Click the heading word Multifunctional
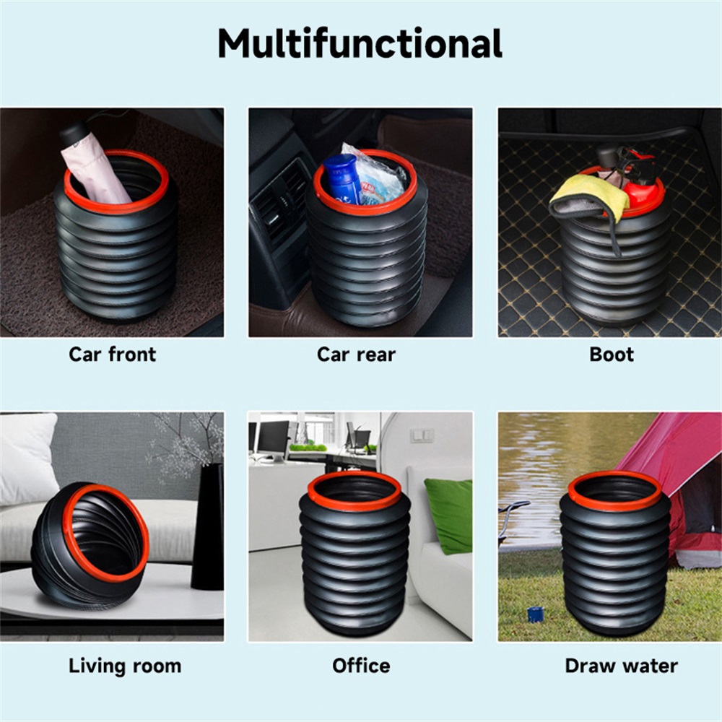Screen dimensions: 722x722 coord(360,43)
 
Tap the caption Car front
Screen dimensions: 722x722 coord(113,355)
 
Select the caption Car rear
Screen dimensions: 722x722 coord(357,355)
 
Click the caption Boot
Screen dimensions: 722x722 coord(612,355)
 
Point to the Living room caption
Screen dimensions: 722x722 coord(125,666)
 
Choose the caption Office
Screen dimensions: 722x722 coord(361,666)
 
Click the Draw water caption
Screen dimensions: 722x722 coord(621,666)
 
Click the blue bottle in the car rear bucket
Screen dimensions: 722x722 coord(342,179)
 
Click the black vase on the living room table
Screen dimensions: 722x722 coord(208,526)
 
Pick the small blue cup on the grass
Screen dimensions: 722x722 coord(535,614)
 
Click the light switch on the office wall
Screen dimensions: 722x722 coord(422,435)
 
